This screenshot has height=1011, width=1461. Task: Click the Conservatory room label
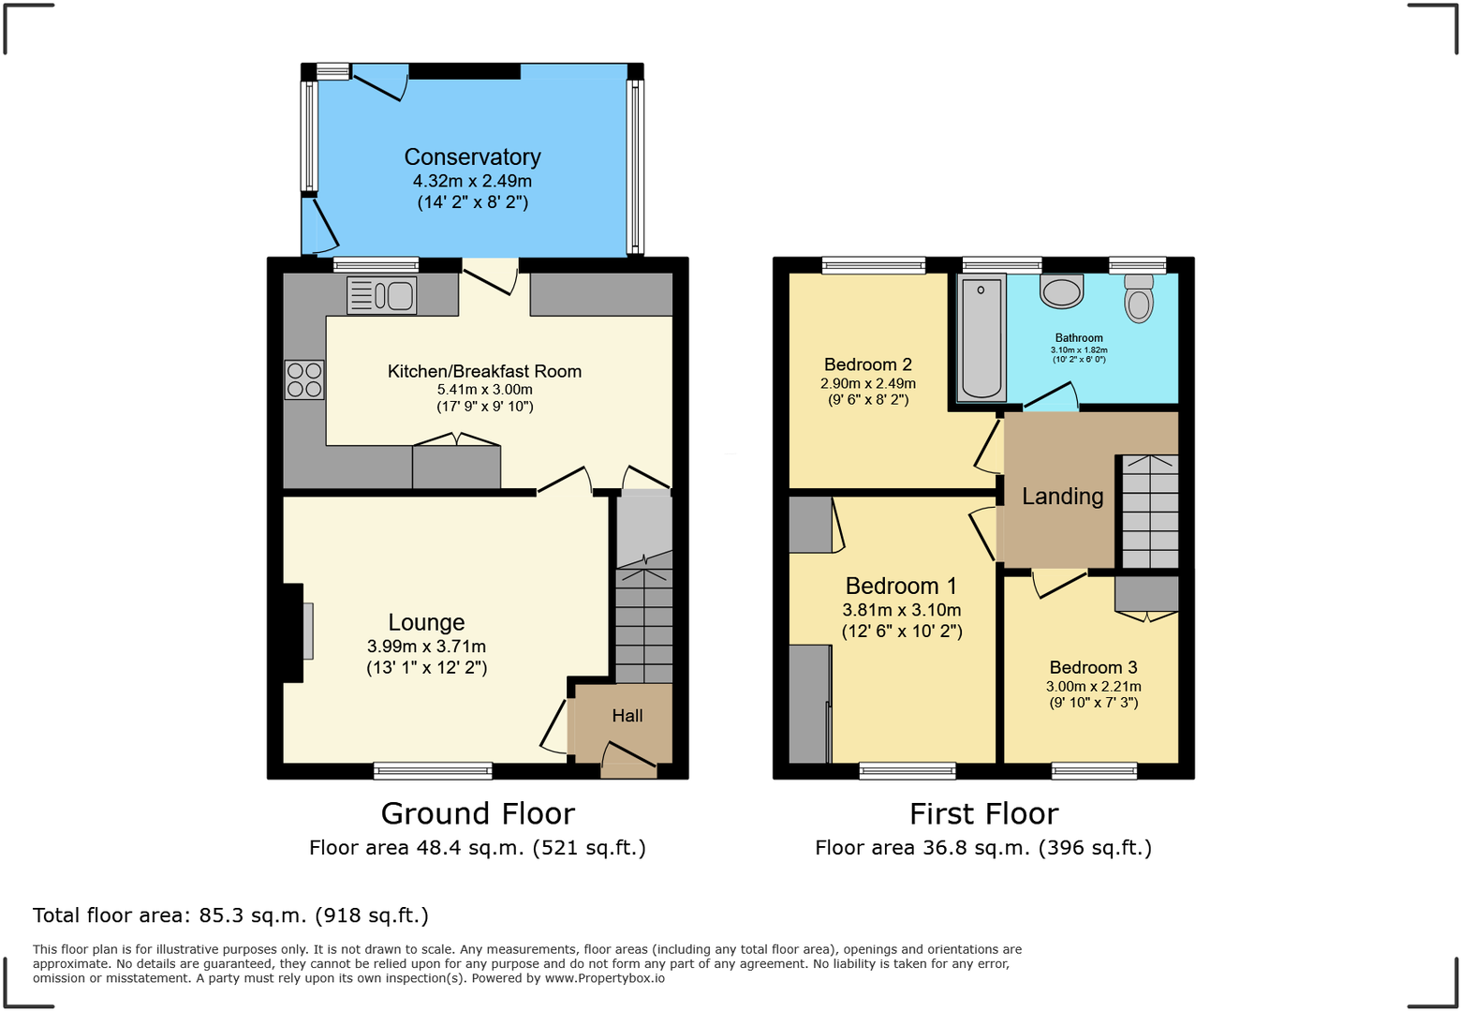472,157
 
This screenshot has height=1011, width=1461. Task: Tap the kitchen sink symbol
381,296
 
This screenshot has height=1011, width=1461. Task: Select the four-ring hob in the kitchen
304,379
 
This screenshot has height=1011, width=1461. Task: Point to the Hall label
627,716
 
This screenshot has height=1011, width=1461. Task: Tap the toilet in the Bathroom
1139,299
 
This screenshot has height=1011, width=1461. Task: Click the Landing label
1062,497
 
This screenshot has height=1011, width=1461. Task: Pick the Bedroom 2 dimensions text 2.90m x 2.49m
867,383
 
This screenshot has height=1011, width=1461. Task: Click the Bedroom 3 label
1093,667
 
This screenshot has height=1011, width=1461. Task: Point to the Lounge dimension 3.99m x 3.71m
426,647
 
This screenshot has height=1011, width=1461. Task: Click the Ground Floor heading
478,813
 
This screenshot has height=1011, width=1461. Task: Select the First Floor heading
983,813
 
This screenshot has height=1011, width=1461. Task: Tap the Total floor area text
230,915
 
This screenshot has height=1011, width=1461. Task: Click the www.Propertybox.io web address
604,978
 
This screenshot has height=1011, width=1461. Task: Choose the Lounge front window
433,771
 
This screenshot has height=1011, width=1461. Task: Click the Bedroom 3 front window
1094,771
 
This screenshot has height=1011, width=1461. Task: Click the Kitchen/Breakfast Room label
484,371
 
